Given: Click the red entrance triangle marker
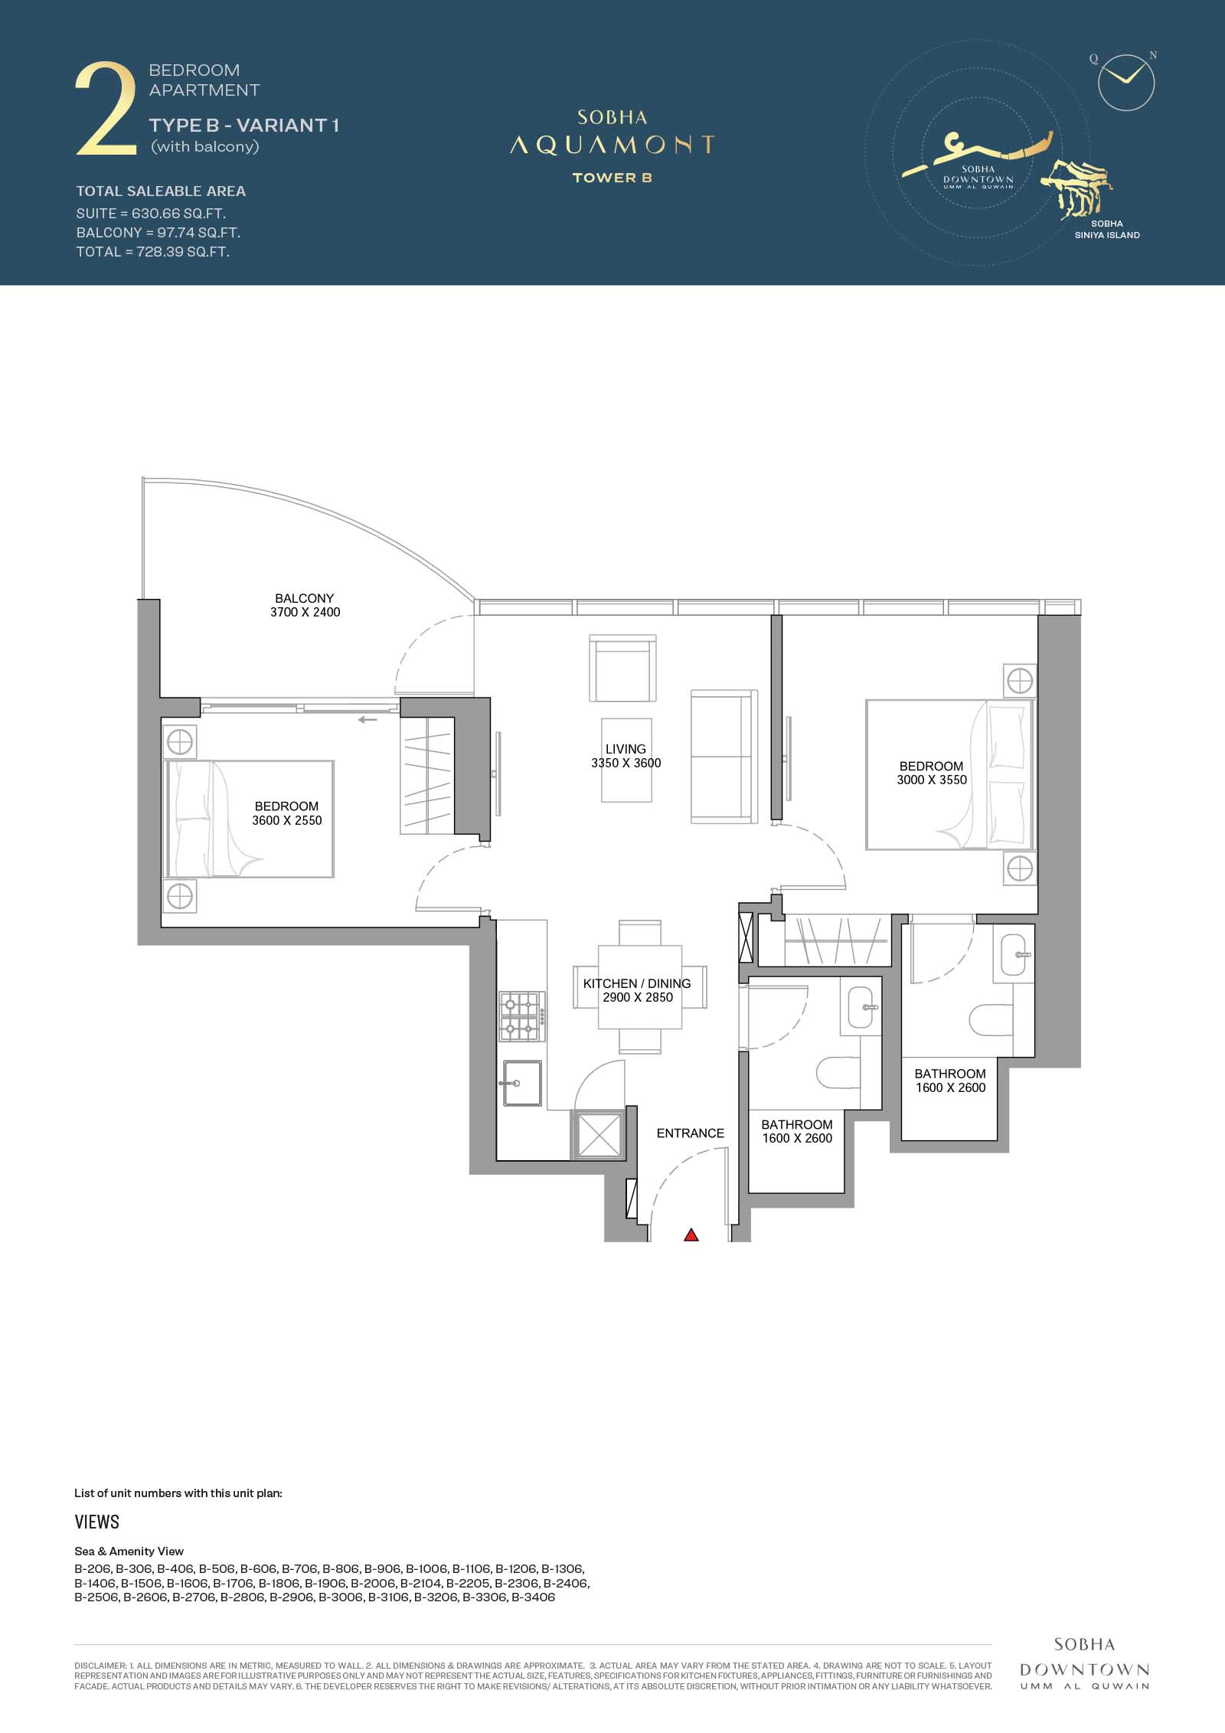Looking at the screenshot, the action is coord(691,1234).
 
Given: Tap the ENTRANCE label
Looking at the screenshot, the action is coord(690,1133).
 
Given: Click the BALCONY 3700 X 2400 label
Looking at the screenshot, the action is coord(305,605).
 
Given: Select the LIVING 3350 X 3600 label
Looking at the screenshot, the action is coord(626,756).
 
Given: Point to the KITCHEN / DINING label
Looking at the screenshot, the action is coord(637,983).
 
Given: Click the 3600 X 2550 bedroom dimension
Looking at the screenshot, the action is coord(287,820).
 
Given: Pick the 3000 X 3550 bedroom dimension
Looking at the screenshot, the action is coord(932,780).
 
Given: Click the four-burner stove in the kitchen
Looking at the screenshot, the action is coord(523,1016).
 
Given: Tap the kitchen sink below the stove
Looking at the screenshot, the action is coord(522,1083).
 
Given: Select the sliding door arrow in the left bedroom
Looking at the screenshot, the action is coord(367,720).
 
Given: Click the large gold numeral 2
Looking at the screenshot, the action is coord(106,110).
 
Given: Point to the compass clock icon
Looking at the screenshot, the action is coord(1125,81).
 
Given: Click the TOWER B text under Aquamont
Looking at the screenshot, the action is coord(612,178).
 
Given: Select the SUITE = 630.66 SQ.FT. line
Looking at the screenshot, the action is coord(151,213).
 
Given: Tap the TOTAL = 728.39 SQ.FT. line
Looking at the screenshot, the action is coord(153,252).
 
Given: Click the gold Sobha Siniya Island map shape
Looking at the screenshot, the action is coord(1076,186).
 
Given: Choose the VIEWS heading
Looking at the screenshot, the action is coord(97,1522).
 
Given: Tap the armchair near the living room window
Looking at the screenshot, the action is coord(622,668).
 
